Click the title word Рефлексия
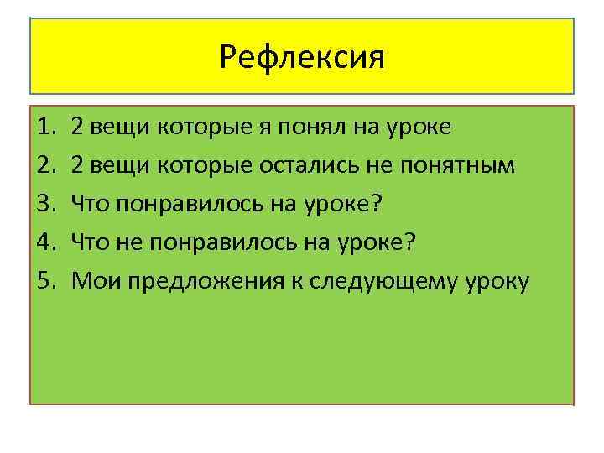click(301, 57)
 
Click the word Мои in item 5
click(96, 281)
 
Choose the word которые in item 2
click(201, 166)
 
